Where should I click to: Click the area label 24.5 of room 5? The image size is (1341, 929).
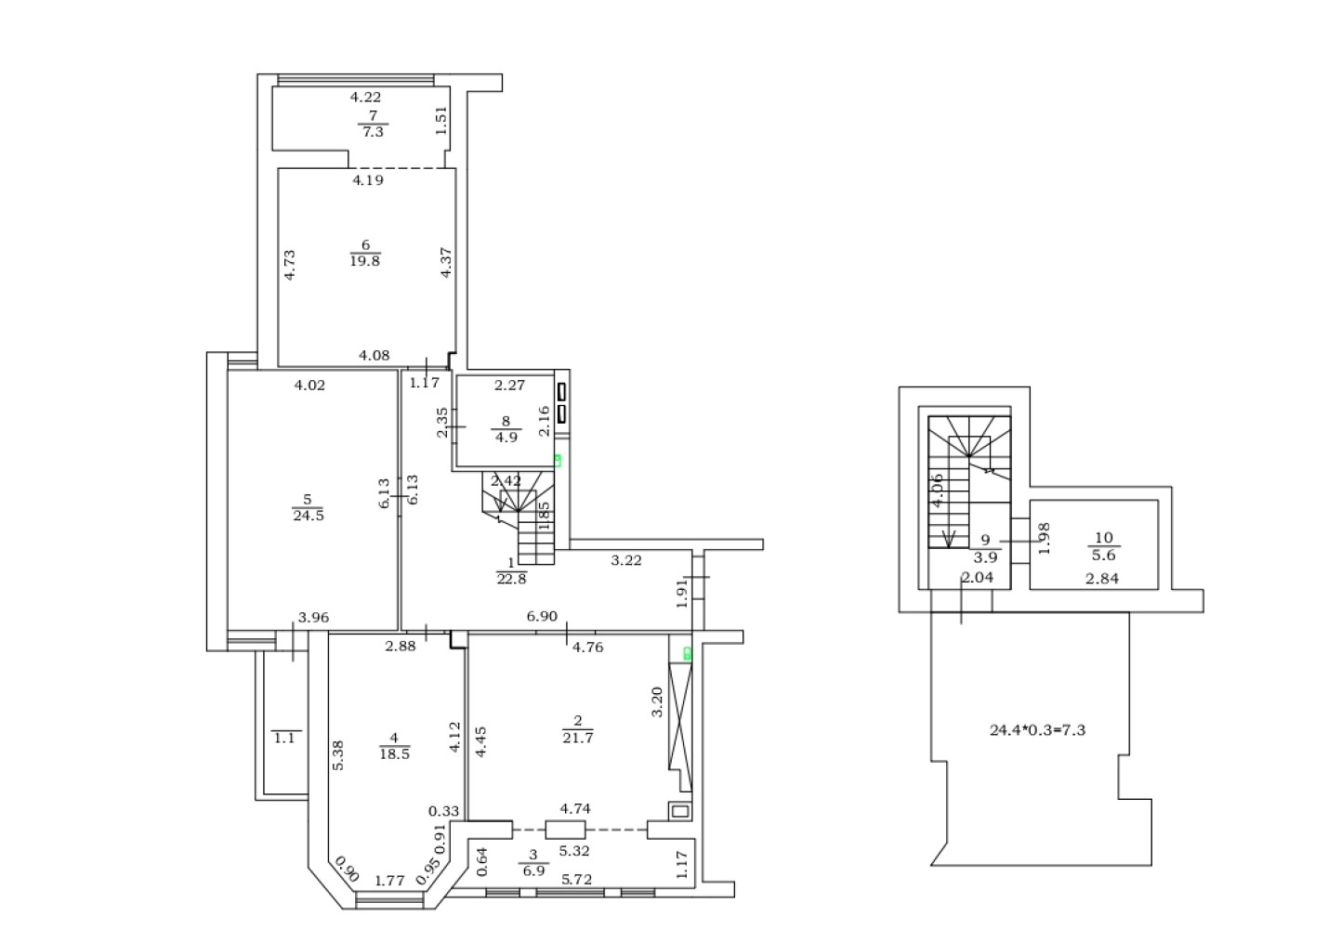pos(309,516)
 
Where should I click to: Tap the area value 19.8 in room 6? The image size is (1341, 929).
pos(364,260)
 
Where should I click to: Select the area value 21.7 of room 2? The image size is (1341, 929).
pos(578,738)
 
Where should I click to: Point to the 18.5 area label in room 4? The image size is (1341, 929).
pos(395,754)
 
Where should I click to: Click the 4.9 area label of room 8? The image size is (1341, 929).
pos(506,437)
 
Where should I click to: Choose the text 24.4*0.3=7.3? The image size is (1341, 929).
pos(1037,730)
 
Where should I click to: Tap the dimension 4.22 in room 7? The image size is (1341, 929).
pos(365,97)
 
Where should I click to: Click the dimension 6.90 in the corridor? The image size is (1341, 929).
pos(542,616)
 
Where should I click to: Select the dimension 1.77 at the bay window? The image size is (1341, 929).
pos(389,881)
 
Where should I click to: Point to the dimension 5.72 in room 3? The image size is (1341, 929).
pos(576,880)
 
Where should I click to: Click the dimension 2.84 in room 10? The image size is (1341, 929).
pos(1103,579)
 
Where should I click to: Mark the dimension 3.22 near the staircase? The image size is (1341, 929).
pos(626,560)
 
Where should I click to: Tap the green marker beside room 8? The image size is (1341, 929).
pos(558,461)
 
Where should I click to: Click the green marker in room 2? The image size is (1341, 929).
pos(688,654)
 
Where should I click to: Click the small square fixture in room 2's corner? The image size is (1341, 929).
pos(680,812)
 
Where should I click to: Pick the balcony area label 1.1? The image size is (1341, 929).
pos(284,738)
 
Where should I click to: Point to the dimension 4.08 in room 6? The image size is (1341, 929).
pos(375,356)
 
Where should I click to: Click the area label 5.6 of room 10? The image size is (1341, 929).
pos(1104,555)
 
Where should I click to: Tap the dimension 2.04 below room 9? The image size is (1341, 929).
pos(978,578)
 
